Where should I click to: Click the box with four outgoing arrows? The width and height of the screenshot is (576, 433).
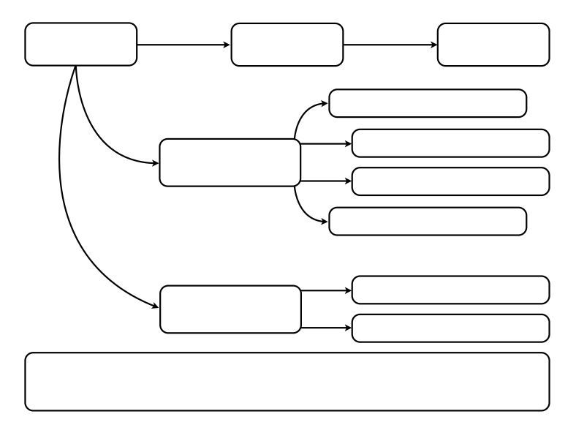(230, 162)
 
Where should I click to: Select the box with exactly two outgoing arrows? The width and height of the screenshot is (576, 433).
(230, 309)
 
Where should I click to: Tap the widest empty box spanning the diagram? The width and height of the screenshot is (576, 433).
(287, 382)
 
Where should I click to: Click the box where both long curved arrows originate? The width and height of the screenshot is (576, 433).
(81, 44)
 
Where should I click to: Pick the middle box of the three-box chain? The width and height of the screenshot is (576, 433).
(287, 44)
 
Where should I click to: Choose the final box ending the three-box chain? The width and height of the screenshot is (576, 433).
(493, 44)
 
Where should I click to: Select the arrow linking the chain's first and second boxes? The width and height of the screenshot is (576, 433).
(183, 44)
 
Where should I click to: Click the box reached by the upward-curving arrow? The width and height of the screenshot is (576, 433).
(428, 103)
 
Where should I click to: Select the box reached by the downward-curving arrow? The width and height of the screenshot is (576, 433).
(428, 222)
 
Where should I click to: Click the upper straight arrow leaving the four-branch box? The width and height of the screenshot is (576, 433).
(326, 143)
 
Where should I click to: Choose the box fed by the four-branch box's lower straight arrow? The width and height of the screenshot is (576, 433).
(450, 181)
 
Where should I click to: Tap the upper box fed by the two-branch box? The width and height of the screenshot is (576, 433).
(450, 290)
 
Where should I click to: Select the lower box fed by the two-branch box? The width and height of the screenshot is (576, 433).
(450, 328)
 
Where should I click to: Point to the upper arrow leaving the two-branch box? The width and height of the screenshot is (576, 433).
(326, 290)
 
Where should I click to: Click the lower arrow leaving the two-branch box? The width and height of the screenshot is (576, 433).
(326, 328)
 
